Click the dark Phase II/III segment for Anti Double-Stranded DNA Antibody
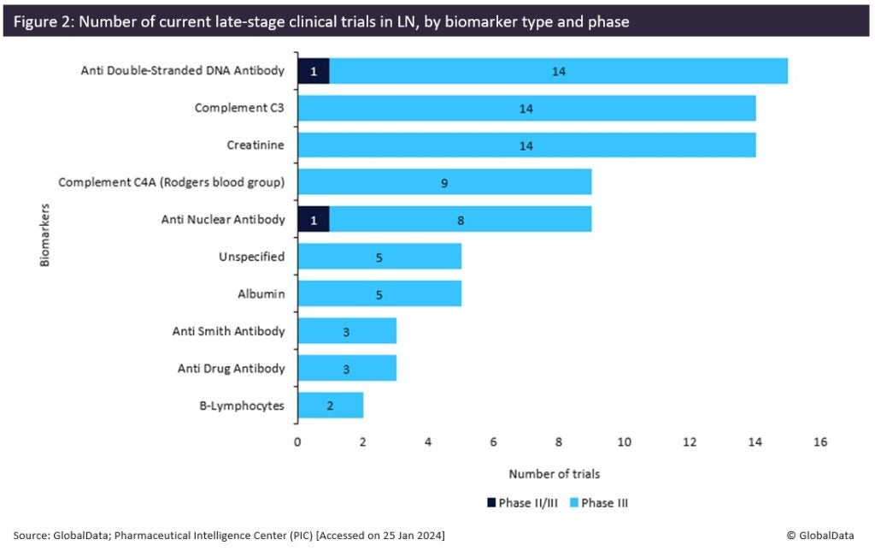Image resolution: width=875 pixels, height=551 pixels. tap(313, 71)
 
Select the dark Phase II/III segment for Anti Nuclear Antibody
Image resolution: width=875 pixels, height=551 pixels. tap(313, 219)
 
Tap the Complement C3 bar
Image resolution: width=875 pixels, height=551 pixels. tap(526, 109)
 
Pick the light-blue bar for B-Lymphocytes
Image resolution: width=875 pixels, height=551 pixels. tap(330, 406)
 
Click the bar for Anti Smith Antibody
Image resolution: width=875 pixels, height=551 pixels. tap(346, 331)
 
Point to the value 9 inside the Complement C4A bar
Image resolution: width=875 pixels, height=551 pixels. tap(444, 182)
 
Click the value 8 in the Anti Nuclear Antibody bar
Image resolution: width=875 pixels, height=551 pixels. tap(461, 219)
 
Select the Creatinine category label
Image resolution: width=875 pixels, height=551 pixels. tap(255, 145)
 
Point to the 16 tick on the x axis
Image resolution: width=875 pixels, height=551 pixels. tap(821, 442)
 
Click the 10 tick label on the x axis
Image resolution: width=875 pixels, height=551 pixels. tap(625, 442)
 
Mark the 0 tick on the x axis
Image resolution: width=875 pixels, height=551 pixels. tap(297, 442)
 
